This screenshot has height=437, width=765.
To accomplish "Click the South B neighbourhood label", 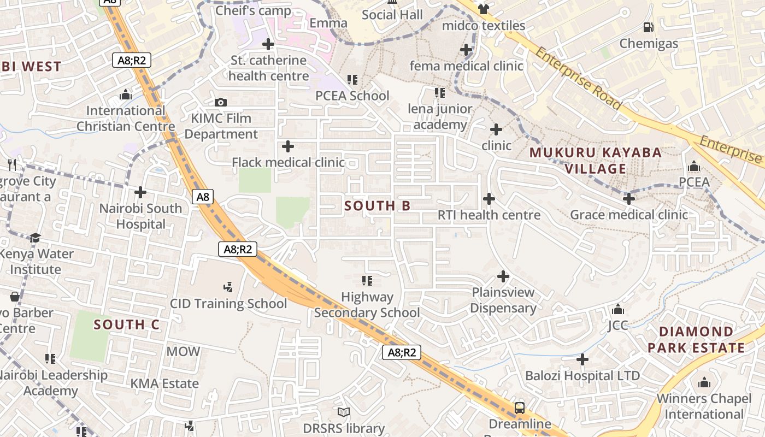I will point(378,206).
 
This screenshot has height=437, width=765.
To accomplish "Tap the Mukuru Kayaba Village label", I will point(596,161).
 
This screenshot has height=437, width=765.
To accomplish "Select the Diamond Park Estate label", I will point(696,340).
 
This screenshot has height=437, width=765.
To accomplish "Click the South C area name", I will point(126,324).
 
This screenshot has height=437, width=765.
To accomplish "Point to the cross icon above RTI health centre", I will point(489,199).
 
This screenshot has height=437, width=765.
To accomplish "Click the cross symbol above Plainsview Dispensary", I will point(503,276).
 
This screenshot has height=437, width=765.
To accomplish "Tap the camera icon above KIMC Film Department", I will point(221,102).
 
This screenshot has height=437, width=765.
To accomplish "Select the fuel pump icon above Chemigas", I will point(649,27).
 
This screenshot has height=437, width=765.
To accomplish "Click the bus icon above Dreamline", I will point(519,408).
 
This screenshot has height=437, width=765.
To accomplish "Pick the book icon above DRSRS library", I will point(344,412).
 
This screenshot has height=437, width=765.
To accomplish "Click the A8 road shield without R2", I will point(203,197).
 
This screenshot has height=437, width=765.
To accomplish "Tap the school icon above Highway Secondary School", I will point(367,281).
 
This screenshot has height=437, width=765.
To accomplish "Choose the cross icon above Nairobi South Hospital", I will point(140,192).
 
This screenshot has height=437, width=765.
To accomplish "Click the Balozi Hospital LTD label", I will point(582,376).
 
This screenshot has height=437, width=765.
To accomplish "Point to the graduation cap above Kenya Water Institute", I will point(36,238).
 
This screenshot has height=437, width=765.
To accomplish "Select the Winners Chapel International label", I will point(704,406).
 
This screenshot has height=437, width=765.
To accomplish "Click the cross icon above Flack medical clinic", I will point(287,146).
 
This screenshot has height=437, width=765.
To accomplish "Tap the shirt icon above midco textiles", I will point(483,9).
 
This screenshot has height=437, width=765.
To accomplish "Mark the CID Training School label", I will point(228,304).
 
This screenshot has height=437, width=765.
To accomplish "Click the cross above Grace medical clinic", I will point(629,199).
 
